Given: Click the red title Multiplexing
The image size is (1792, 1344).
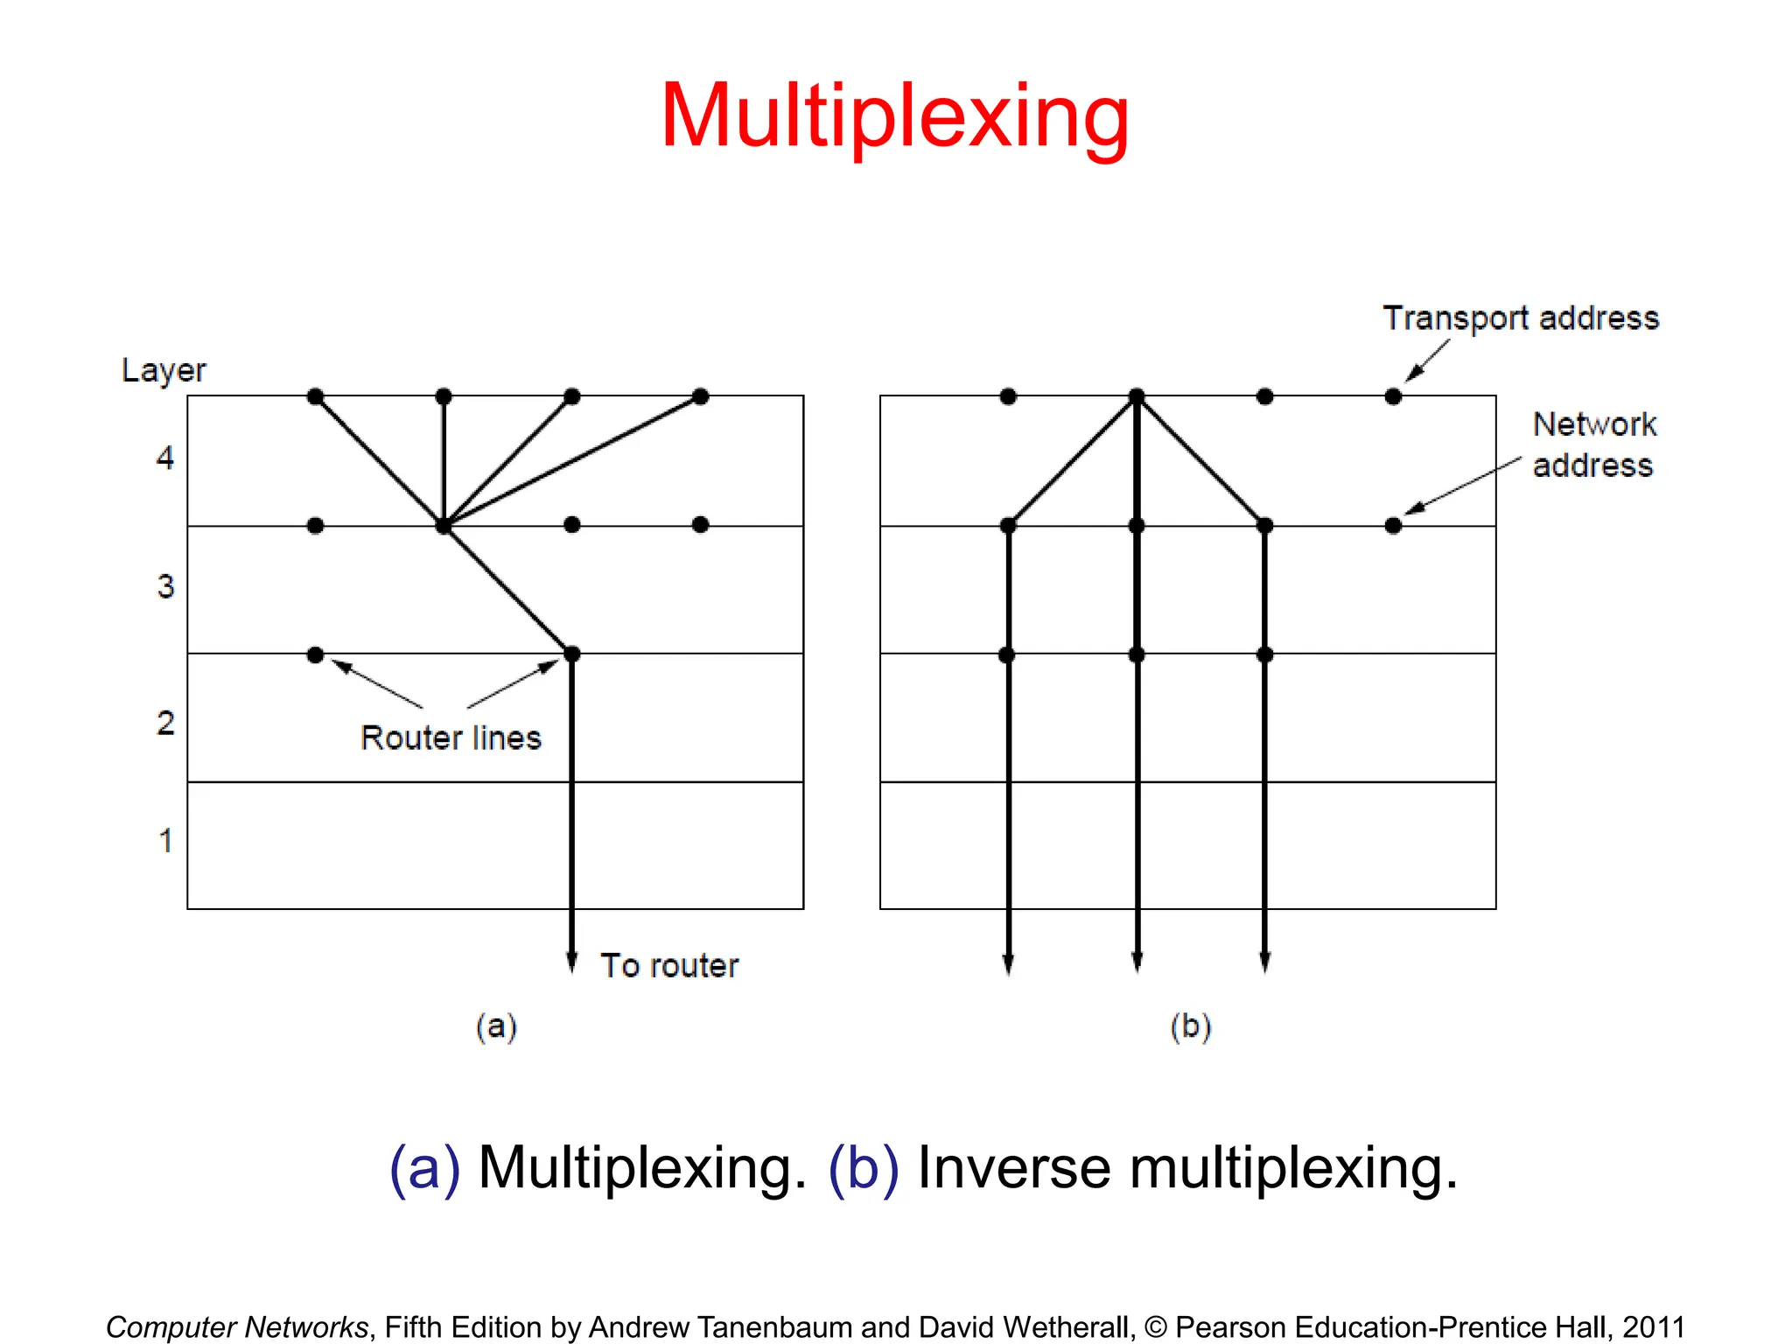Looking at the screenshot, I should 894,116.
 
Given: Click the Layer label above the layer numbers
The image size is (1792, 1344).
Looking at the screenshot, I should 164,370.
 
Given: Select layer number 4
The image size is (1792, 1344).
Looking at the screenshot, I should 165,458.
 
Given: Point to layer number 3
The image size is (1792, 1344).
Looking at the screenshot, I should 165,586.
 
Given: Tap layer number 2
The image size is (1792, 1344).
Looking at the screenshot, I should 165,723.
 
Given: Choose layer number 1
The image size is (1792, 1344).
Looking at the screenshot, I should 165,841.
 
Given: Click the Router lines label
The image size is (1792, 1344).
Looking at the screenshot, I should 451,738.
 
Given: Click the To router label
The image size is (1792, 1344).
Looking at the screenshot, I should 669,966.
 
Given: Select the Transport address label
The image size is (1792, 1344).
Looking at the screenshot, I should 1521,318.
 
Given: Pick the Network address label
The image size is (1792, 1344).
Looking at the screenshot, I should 1593,444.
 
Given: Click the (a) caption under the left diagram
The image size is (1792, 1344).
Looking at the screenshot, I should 496,1026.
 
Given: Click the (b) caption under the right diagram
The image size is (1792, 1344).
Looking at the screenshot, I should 1190,1026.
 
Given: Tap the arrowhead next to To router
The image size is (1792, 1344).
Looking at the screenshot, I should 572,962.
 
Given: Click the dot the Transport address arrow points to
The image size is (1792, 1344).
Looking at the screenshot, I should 1393,396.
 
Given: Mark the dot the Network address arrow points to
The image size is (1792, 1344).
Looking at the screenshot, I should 1393,525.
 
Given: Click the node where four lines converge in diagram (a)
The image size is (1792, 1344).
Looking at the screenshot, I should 444,525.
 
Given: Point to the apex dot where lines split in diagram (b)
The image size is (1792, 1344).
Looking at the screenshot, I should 1137,396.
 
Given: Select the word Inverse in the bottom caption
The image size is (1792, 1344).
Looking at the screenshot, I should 1013,1168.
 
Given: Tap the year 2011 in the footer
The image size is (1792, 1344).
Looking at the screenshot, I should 1654,1327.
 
